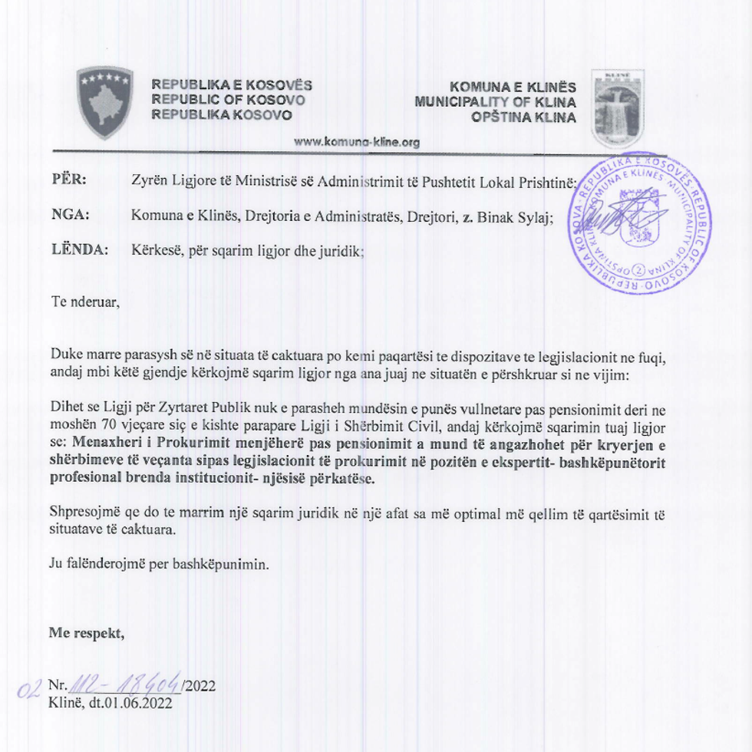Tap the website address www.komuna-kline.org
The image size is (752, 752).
(x=357, y=142)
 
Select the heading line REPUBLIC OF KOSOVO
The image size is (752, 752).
(x=228, y=100)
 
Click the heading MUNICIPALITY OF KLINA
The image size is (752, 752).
(x=496, y=101)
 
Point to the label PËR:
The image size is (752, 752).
(x=69, y=180)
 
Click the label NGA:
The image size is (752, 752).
(x=70, y=216)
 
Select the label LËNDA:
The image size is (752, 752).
(x=79, y=250)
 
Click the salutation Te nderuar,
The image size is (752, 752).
(x=85, y=302)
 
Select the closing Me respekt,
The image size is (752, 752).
(x=86, y=633)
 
